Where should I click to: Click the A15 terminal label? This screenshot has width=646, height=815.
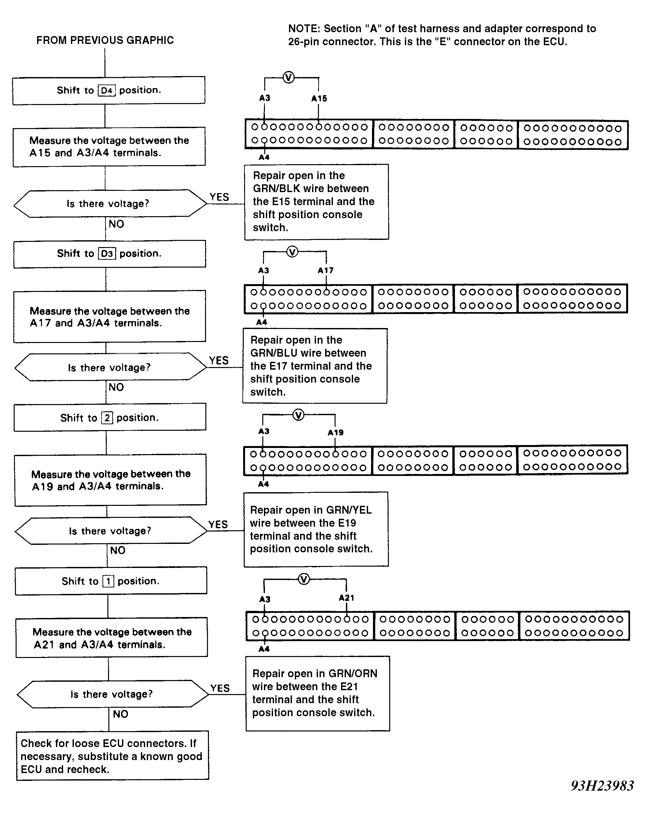coord(319,99)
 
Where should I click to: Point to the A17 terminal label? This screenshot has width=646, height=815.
coord(326,270)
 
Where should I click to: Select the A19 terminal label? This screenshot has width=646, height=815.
coord(336,433)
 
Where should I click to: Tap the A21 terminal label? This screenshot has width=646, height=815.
coord(347,598)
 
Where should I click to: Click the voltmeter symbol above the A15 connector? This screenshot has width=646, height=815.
coord(289,77)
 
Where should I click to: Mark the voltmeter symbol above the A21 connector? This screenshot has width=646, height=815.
coord(304,579)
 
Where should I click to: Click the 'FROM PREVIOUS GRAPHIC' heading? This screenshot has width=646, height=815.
coord(105,40)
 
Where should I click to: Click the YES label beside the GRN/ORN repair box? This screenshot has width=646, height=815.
coord(220,688)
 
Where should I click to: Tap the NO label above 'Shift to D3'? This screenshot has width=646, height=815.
coord(117,224)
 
